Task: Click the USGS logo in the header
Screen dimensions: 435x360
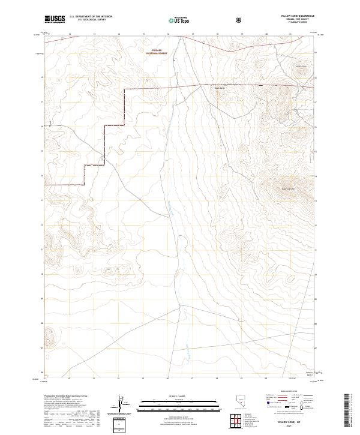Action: tap(55, 20)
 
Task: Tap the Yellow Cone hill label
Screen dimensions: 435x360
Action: tap(300, 66)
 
